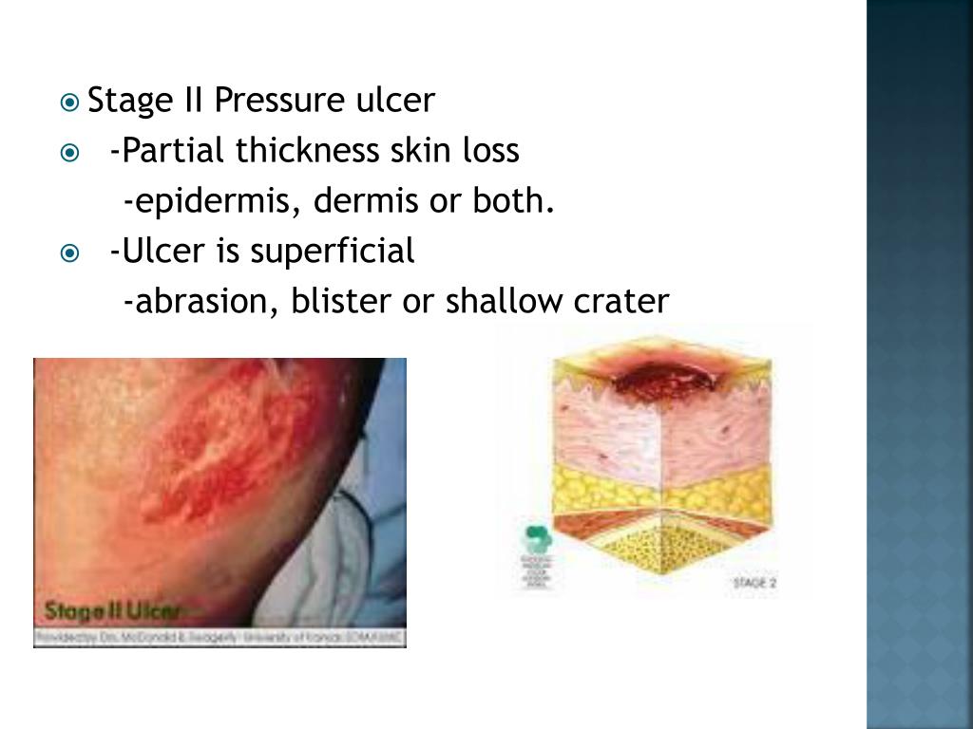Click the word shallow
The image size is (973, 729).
pos(505,302)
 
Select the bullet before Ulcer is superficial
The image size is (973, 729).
pos(69,252)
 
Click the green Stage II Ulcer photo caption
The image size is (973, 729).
pos(115,609)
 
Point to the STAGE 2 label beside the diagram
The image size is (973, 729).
pos(754,582)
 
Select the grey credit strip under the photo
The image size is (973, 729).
pos(219,638)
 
